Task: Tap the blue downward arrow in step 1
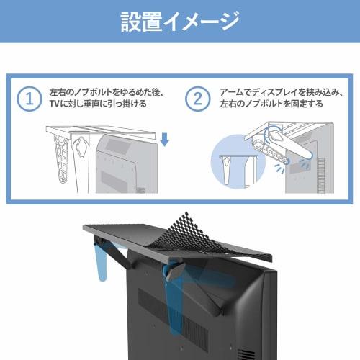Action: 165,138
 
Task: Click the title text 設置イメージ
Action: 180,22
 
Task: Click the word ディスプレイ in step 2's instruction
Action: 274,93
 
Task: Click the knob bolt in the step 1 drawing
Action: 81,148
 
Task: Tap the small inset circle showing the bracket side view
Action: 235,167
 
